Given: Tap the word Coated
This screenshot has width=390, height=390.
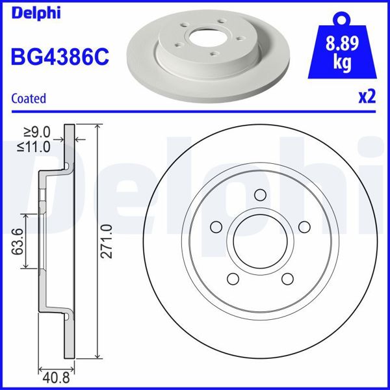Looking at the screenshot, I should click(x=29, y=99).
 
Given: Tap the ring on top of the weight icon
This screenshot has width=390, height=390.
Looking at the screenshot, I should click(x=343, y=18).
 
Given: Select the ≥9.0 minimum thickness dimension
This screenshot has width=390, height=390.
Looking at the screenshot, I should click(x=37, y=134).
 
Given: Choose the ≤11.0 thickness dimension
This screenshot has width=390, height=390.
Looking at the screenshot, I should click(x=34, y=147).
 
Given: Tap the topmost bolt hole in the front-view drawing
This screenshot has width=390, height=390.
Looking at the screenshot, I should click(x=260, y=195).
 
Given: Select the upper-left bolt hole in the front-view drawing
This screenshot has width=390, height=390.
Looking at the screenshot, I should click(x=216, y=227).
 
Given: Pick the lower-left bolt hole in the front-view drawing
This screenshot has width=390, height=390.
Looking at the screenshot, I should click(x=233, y=279).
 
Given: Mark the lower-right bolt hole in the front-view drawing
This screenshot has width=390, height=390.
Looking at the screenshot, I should click(x=287, y=279).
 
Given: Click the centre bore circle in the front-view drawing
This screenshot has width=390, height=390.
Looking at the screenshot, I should click(x=260, y=242).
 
